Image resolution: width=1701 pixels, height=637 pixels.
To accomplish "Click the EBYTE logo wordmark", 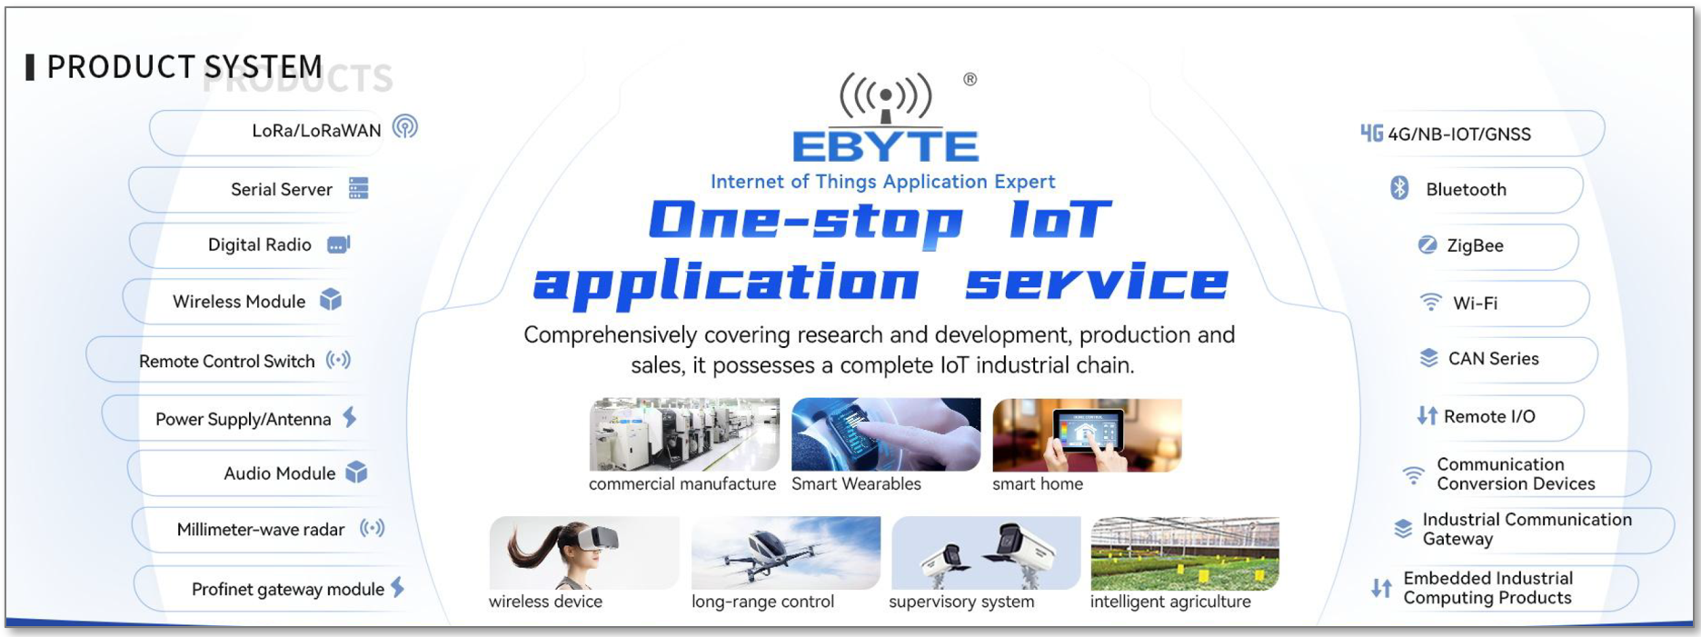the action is click(885, 146).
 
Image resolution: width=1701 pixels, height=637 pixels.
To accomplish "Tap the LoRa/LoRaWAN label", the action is click(316, 131).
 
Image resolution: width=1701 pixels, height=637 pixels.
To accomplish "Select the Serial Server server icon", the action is click(359, 188).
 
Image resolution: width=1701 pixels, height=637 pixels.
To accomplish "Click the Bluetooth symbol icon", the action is click(1399, 188).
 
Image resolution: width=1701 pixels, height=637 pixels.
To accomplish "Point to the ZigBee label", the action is click(1475, 245).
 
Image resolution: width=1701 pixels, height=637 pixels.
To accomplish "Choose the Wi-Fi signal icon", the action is click(1431, 302).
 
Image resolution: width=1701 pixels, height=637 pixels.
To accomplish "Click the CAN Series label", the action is click(1493, 359).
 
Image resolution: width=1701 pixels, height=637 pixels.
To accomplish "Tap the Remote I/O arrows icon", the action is click(1427, 416).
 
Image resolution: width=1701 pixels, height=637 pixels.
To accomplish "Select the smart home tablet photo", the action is click(1087, 434).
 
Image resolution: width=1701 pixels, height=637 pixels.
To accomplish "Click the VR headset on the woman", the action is click(597, 538).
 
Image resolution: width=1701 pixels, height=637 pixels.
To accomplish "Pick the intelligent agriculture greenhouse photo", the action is click(1185, 553).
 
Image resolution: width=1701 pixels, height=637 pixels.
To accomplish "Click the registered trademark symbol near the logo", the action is click(970, 79).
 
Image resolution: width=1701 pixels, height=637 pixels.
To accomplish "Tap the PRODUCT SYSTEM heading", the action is click(184, 66).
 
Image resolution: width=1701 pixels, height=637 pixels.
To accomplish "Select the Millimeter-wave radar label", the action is click(261, 530).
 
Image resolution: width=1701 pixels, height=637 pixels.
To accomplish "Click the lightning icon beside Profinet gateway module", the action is click(398, 587).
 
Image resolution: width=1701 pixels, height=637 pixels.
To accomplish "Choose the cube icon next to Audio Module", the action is click(356, 472).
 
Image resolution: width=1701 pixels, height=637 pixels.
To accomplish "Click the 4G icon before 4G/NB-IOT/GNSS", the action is click(1371, 134).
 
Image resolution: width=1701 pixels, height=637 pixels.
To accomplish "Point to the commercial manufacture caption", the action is click(682, 483).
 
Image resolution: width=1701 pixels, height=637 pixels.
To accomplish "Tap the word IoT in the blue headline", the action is click(1059, 219).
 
